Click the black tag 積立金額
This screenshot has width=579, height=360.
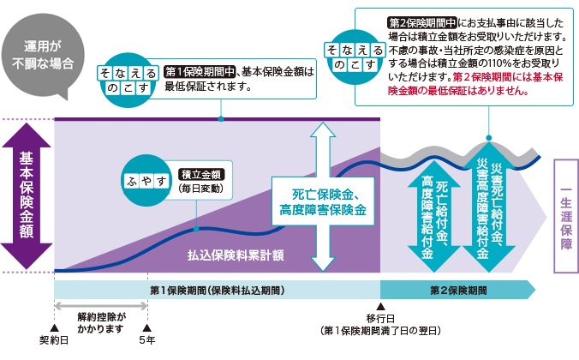(200, 174)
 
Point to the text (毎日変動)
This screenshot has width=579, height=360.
(200, 188)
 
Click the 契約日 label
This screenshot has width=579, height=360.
(53, 340)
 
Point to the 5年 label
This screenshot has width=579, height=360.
(148, 340)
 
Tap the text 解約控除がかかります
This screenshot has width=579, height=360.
(101, 321)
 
